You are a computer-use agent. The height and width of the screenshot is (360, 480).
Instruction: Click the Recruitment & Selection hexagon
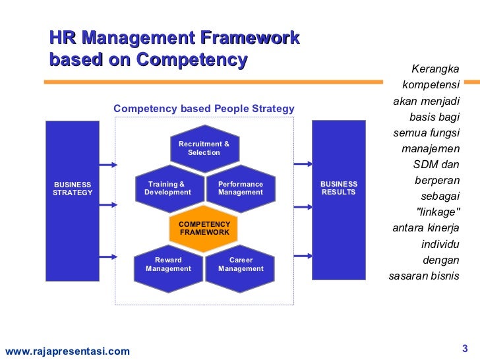point(204,148)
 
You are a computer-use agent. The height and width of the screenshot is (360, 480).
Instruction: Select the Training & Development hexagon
point(167,189)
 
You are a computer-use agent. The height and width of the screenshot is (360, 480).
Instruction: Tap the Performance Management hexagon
point(240,189)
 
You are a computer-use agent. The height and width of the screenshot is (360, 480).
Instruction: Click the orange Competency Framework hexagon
point(204,229)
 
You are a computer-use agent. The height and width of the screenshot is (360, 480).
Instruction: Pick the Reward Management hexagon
point(167,264)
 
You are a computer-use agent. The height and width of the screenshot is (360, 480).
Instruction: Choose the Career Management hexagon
point(240,264)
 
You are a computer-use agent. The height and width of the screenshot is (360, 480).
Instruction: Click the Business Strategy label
point(73,189)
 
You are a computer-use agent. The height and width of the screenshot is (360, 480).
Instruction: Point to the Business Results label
point(338,188)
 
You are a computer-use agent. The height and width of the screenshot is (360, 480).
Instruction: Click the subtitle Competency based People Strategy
point(204,109)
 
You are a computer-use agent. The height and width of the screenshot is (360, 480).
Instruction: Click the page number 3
point(464,349)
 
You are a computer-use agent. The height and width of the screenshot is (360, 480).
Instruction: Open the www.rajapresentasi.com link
point(67,351)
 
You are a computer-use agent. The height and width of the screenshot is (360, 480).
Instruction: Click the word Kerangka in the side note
point(435,69)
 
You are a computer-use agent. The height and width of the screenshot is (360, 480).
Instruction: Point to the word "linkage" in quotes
point(439,212)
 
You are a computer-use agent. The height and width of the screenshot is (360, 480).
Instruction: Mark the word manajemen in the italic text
point(431,149)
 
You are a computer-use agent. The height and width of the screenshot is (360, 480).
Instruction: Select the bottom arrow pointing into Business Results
point(303,255)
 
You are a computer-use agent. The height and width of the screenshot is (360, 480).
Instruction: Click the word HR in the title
point(63,38)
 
